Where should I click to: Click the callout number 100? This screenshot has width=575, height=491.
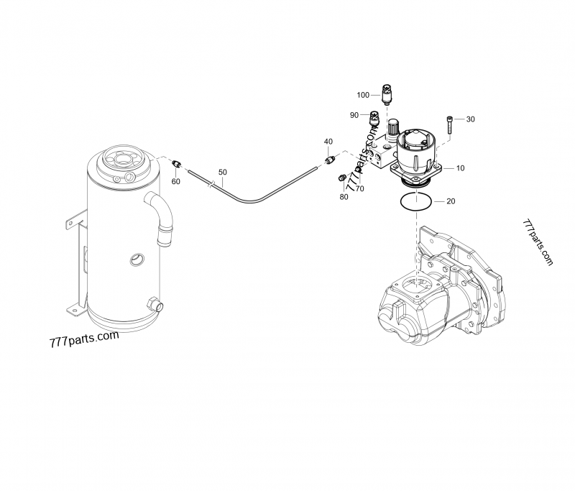363,95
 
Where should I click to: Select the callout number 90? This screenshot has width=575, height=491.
354,115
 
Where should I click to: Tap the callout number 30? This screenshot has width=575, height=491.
471,119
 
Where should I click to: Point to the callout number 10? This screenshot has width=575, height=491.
460,168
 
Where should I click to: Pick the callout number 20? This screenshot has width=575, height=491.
451,201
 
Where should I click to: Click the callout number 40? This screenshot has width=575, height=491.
328,141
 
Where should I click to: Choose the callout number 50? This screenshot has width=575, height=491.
223,173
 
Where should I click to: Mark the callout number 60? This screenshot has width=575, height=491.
176,181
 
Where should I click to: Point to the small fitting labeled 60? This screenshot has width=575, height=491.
177,165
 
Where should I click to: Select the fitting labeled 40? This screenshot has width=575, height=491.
331,159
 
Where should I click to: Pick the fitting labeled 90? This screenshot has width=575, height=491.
374,116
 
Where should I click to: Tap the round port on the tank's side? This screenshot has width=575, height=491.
136,258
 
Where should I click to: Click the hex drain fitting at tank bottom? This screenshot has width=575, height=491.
152,306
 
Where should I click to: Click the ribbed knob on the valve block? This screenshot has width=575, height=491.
392,128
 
